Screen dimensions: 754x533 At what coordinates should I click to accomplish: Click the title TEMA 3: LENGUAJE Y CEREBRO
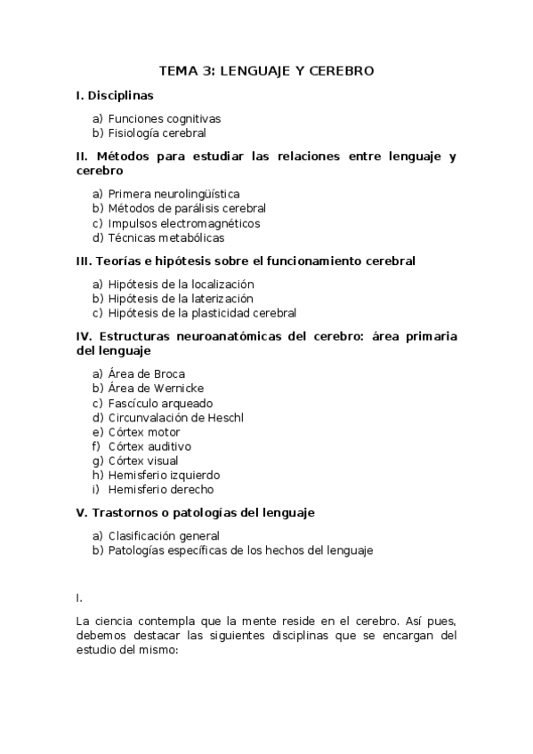pos(266,70)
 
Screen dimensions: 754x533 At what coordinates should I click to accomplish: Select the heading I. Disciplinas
pos(115,95)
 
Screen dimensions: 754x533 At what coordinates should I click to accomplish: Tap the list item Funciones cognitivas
pos(164,118)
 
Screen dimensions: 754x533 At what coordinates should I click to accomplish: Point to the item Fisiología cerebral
pos(157,133)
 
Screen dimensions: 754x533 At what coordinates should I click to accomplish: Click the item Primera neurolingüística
pos(174,194)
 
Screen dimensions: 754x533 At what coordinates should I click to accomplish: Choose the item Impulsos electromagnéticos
pos(183,223)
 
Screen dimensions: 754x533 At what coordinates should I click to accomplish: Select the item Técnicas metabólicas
pos(166,238)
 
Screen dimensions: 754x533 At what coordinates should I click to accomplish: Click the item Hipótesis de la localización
pos(187,284)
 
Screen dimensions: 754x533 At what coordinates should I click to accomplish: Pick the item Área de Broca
pos(146,374)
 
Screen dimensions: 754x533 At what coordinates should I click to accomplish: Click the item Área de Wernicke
pos(156,389)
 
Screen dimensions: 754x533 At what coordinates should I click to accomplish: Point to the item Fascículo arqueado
pos(160,404)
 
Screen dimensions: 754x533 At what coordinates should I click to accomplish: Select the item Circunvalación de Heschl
pos(175,418)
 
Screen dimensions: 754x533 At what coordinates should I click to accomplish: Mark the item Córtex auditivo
pos(149,446)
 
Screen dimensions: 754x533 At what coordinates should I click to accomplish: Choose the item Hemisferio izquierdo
pos(164,475)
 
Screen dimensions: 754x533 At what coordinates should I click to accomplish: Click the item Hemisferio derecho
pos(160,490)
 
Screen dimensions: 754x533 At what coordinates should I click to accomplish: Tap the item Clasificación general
pos(164,536)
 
